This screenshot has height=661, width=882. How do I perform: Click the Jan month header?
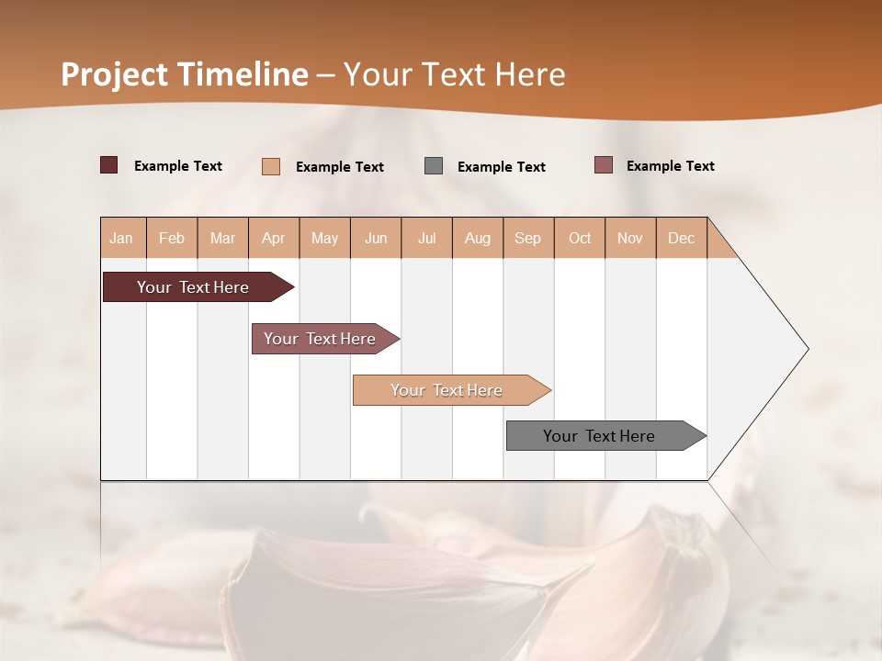tap(121, 238)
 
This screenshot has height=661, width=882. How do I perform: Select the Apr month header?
tap(273, 238)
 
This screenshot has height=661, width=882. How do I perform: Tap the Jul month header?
tap(426, 238)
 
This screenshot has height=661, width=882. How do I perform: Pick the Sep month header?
tap(527, 238)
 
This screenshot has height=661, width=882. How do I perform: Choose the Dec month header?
tap(681, 238)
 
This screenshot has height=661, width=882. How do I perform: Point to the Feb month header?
tap(172, 238)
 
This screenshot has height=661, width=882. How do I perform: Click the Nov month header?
tap(629, 238)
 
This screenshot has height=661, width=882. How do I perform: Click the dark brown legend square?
tap(108, 165)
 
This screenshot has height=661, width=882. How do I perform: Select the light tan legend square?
tap(271, 166)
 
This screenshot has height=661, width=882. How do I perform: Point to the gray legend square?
tap(434, 166)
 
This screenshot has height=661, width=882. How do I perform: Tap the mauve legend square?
tap(604, 165)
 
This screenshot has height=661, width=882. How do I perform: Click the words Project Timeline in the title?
tap(184, 74)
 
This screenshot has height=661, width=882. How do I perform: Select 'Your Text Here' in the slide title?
tap(454, 74)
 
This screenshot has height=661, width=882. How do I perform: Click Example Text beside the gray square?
tap(501, 167)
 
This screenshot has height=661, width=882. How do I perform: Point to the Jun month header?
tap(376, 238)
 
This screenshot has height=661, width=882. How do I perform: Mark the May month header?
tap(324, 238)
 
